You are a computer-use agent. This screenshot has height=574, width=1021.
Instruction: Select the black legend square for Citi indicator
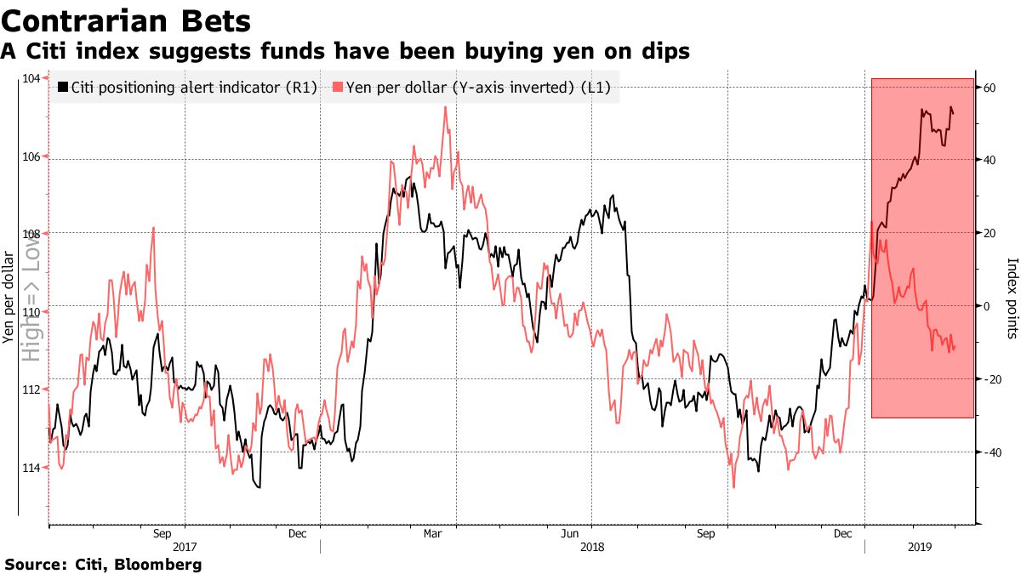[x=62, y=87]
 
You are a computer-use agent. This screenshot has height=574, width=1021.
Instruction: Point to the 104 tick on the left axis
[x=31, y=78]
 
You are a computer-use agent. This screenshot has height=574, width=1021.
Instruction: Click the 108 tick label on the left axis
[x=31, y=233]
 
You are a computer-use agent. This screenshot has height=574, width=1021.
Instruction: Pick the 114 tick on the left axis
[x=31, y=467]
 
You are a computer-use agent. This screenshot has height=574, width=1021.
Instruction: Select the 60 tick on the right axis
[x=990, y=88]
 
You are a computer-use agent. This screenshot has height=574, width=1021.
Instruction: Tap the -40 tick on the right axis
[x=991, y=452]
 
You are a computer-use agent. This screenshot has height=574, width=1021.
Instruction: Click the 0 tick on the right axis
[x=988, y=306]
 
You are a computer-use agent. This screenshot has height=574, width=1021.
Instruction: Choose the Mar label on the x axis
[x=433, y=534]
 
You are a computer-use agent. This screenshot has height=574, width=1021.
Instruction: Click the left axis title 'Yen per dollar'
[x=8, y=298]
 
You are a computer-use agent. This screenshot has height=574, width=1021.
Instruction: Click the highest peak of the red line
[x=445, y=107]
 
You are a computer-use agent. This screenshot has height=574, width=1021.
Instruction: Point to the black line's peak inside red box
[x=950, y=107]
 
